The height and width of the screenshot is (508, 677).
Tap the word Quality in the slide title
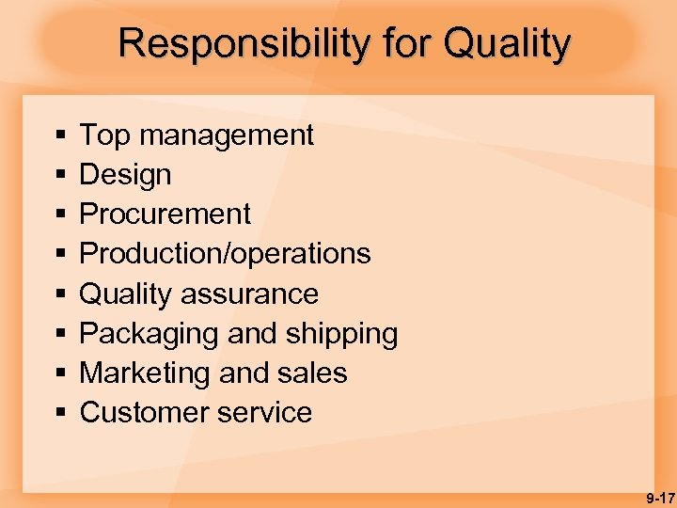point(507,43)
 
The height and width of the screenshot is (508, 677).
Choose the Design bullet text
point(125,175)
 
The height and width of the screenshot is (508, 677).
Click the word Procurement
point(165,214)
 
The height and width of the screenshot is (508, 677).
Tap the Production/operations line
point(225,254)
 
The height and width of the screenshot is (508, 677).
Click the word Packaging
point(146,334)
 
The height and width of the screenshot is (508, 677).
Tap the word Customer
point(146,413)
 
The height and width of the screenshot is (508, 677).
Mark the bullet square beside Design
point(59,176)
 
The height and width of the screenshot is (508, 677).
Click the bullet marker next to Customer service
point(59,414)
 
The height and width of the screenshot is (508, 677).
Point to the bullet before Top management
point(59,136)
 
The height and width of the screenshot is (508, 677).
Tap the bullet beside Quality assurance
point(59,294)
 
